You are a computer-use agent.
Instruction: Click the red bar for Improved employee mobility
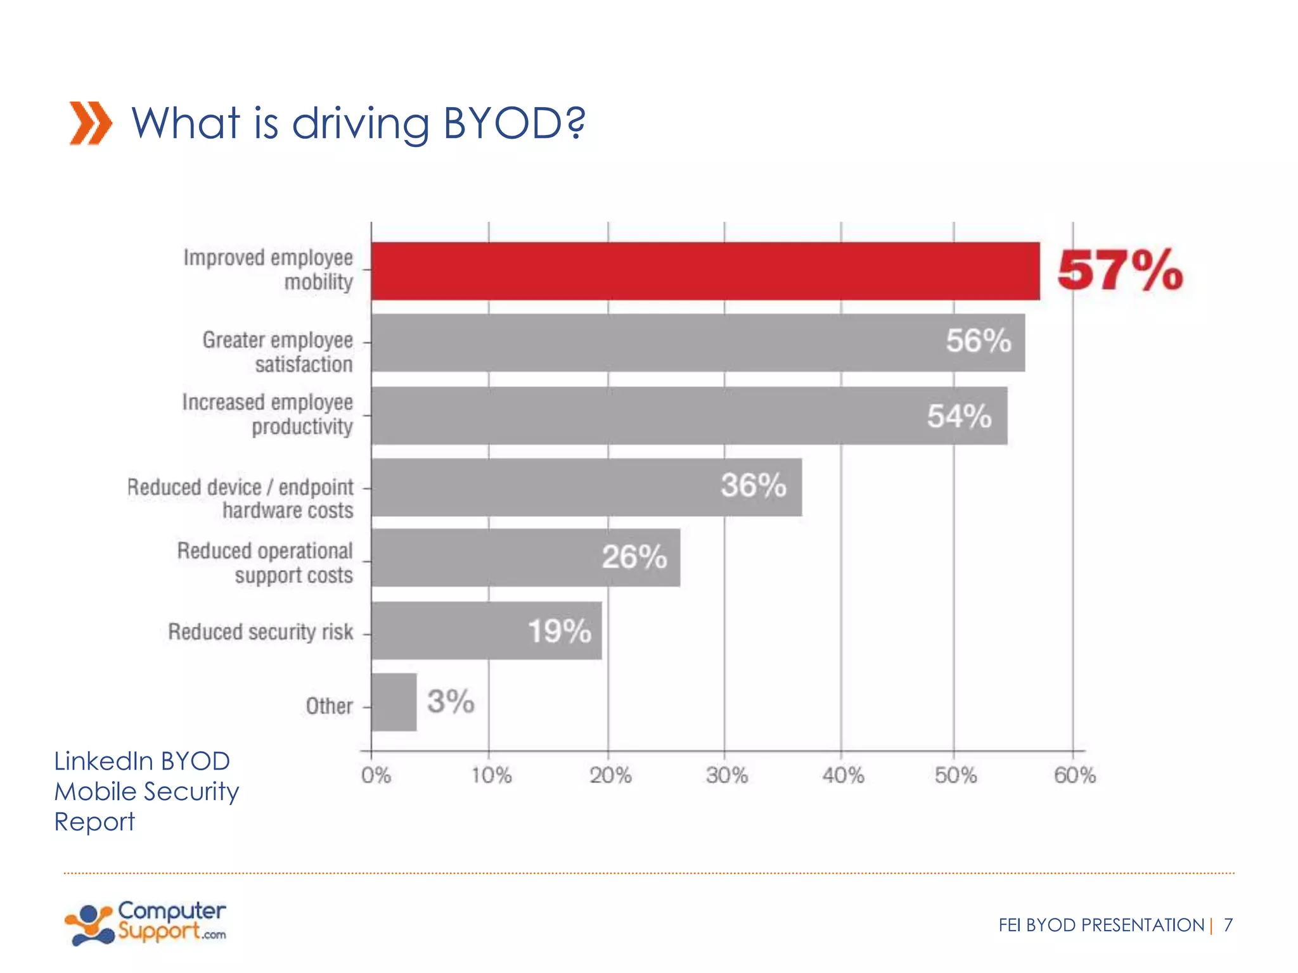(x=705, y=271)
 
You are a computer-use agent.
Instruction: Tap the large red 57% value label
(x=1120, y=271)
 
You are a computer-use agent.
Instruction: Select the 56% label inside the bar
(x=978, y=341)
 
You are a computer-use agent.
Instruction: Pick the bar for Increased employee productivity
(x=689, y=416)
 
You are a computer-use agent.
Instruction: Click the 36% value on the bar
(x=753, y=486)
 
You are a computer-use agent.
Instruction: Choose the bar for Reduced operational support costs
(x=525, y=558)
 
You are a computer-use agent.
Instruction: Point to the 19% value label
(x=559, y=632)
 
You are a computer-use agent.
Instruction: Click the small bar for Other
(x=394, y=702)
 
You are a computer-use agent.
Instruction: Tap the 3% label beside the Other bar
(x=450, y=702)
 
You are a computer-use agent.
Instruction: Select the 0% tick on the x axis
(x=376, y=775)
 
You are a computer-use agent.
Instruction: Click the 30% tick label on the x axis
(x=726, y=775)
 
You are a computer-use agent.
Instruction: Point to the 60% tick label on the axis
(x=1074, y=775)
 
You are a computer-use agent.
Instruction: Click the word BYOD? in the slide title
(x=513, y=123)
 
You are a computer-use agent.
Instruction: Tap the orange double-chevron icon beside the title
(x=91, y=123)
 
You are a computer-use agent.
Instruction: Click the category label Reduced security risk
(x=260, y=632)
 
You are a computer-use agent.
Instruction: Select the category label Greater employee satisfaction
(x=278, y=352)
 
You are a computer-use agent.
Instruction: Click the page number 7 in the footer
(x=1228, y=925)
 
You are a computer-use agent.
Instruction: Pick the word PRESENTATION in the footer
(x=1142, y=925)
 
